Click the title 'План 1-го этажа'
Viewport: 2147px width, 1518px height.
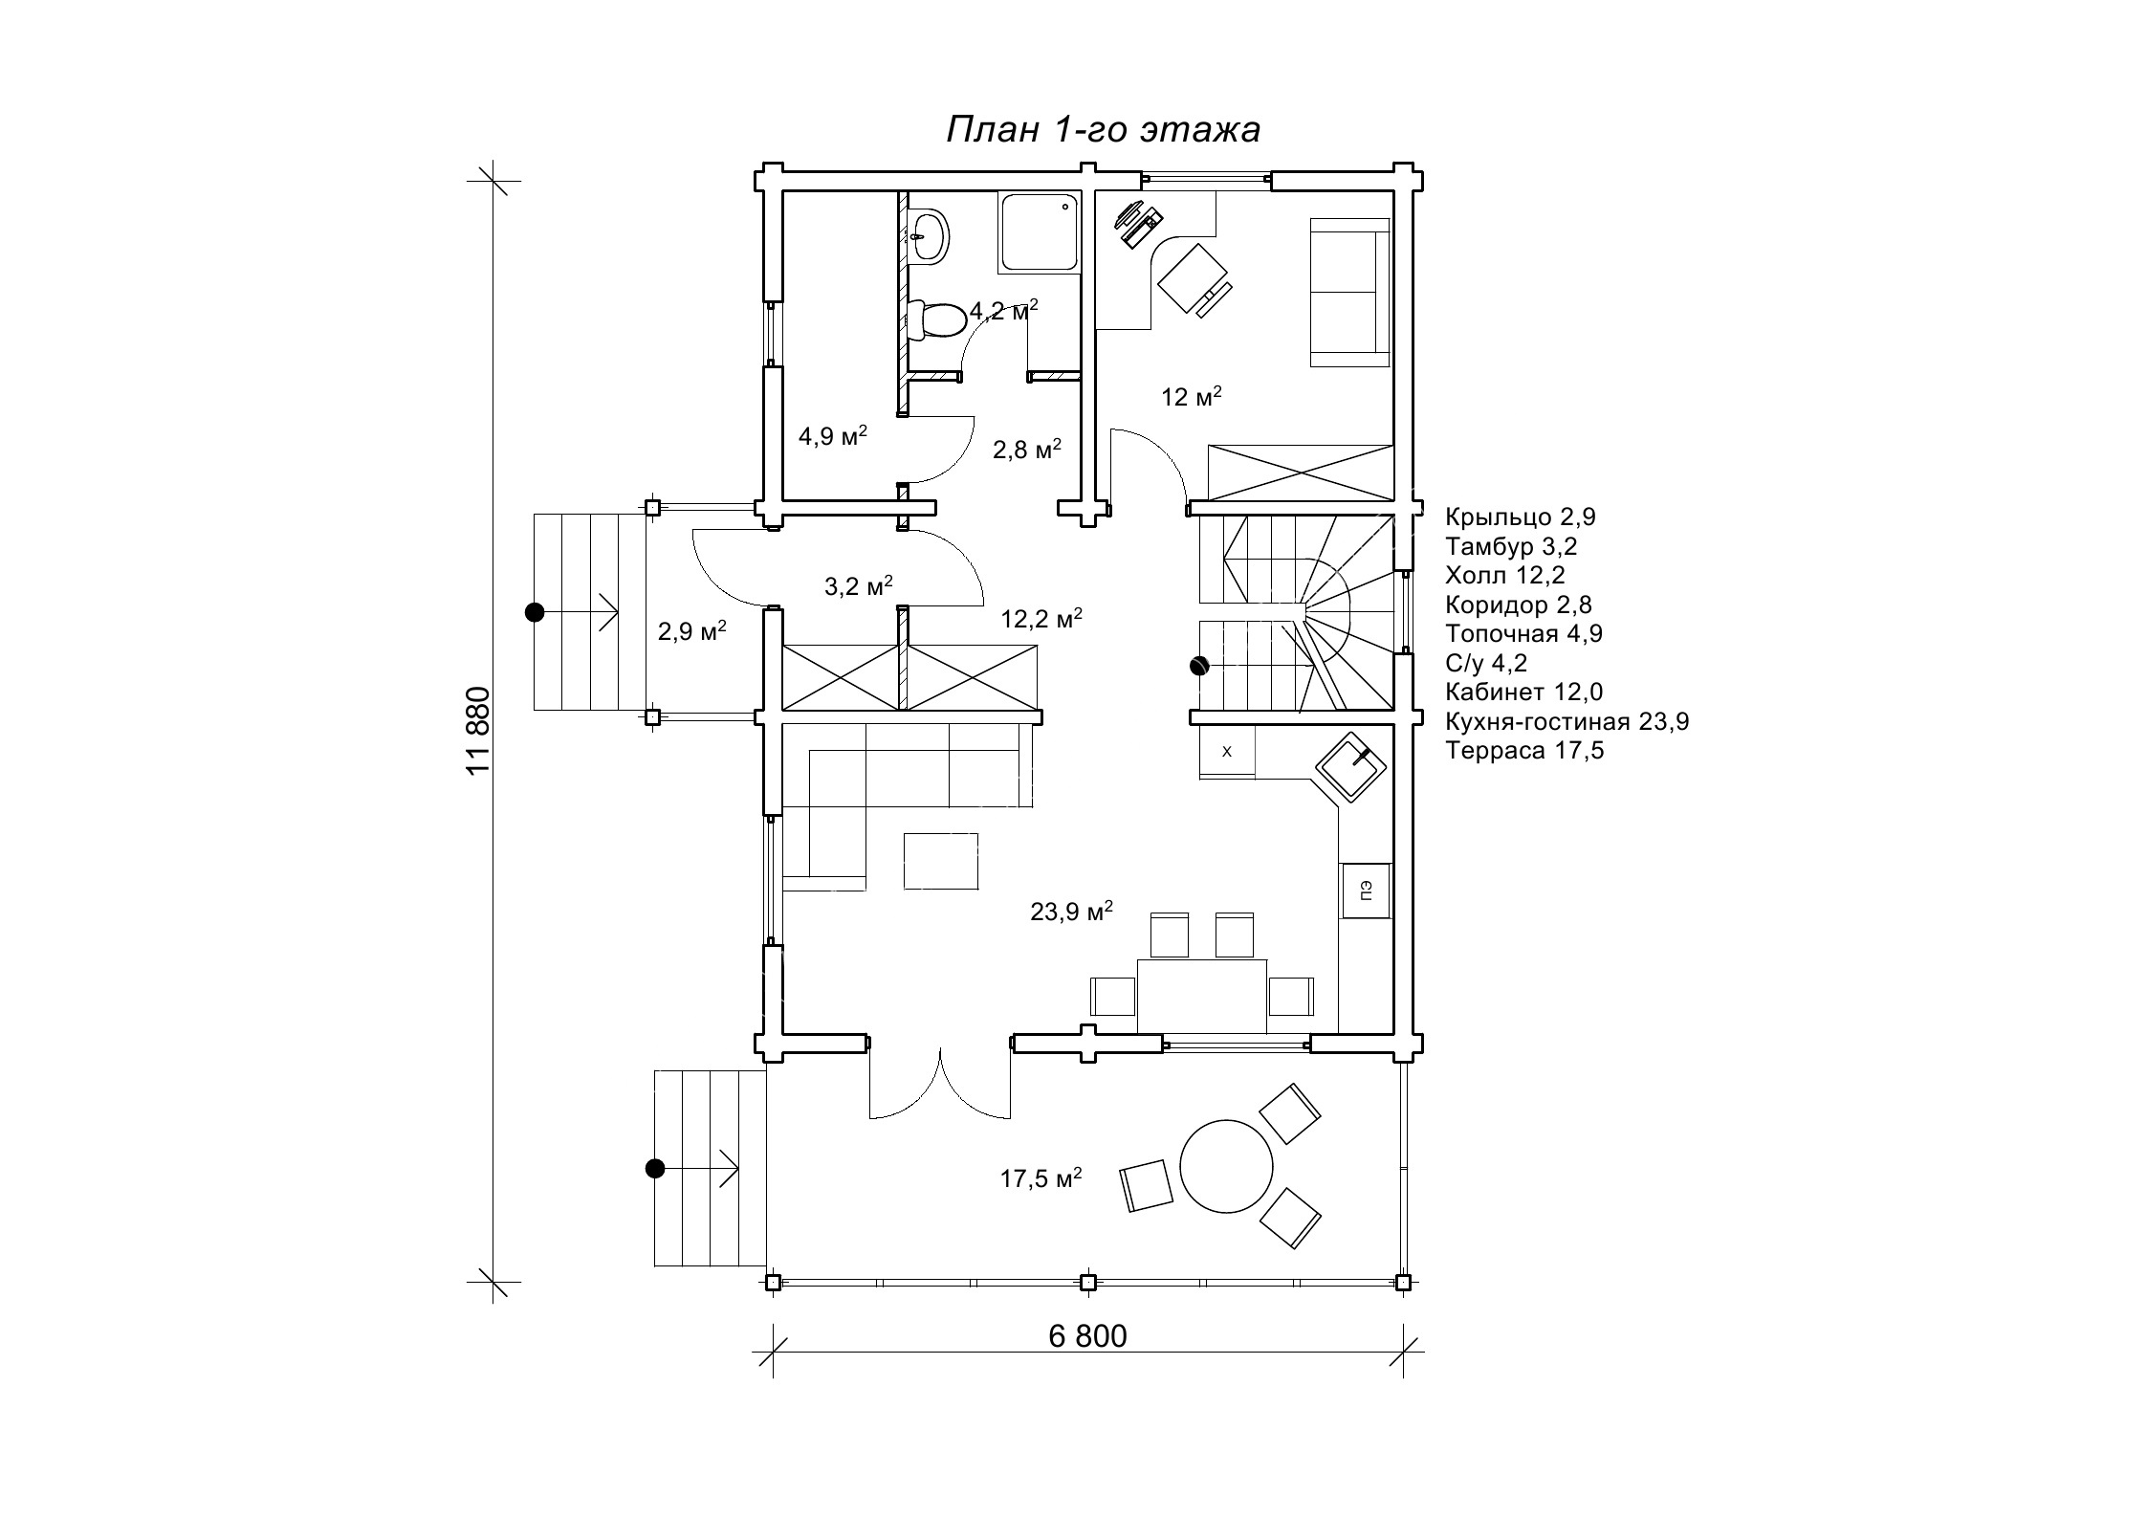[1103, 130]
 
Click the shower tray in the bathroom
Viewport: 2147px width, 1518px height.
[1039, 232]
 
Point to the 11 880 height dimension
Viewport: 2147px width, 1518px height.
[478, 731]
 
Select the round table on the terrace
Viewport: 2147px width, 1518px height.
[1226, 1166]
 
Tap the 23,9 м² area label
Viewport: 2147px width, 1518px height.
[1071, 911]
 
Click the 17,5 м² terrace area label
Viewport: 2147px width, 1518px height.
[1041, 1177]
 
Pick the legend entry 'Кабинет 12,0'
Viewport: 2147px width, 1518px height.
[1524, 692]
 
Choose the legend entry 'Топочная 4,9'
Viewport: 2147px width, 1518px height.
[1524, 633]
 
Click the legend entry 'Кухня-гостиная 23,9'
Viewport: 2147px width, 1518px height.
[1567, 720]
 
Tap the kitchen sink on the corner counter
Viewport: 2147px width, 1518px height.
[1350, 766]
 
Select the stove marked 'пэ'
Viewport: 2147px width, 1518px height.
[1366, 891]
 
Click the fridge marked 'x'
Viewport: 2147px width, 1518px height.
[1227, 752]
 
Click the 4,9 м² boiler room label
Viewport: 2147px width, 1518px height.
[833, 436]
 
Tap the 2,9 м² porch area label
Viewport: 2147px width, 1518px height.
[692, 631]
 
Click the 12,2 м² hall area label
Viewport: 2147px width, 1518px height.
[1041, 618]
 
